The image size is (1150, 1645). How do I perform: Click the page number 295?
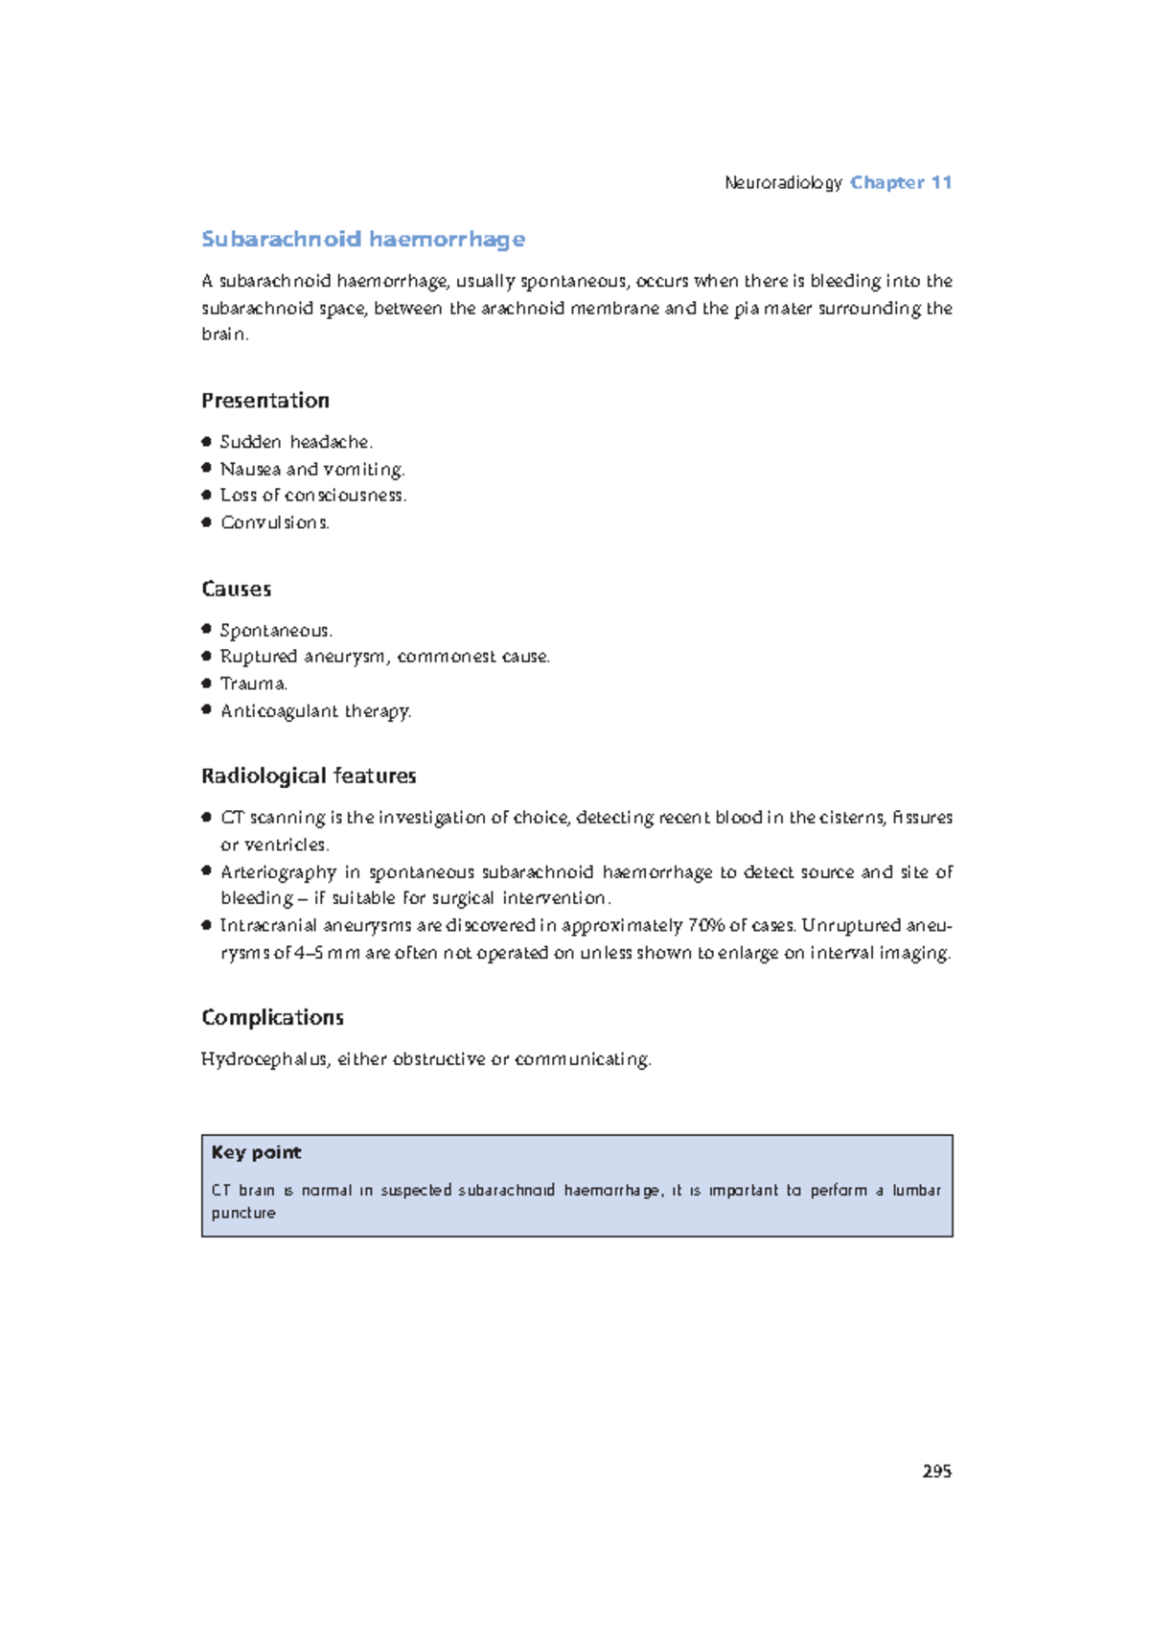click(936, 1471)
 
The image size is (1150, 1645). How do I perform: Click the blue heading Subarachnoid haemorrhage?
click(362, 239)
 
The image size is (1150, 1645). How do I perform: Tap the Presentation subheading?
click(264, 401)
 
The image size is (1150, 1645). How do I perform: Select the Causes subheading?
click(236, 589)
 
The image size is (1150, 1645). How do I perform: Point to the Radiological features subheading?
click(308, 776)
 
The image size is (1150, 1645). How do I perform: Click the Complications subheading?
click(272, 1017)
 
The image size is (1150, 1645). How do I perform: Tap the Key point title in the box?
click(256, 1152)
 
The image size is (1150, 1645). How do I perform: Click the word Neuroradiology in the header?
click(783, 182)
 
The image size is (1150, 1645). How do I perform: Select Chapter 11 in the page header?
click(901, 182)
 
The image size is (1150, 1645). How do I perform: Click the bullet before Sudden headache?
click(206, 442)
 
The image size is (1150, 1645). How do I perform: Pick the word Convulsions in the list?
click(274, 522)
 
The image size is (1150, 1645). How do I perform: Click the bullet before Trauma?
click(206, 683)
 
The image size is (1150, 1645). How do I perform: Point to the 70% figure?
click(706, 925)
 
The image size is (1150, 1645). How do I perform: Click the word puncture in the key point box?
click(243, 1213)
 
